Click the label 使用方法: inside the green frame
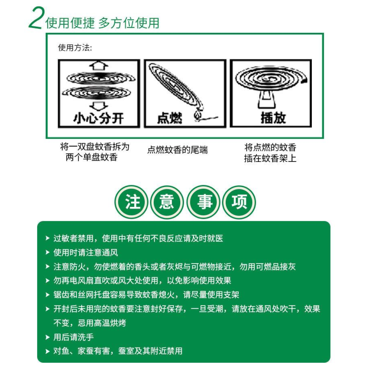pos(75,48)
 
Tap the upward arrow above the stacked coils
pos(99,65)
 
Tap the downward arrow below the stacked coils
pos(99,106)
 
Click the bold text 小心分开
pos(98,118)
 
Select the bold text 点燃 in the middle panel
pos(170,118)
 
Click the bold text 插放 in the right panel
pos(273,118)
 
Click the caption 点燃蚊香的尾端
pos(178,150)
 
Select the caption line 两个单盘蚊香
pos(91,158)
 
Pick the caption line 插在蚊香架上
pos(270,158)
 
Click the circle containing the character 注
pos(131,202)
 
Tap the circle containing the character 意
pos(167,202)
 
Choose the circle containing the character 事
pos(203,202)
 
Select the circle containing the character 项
pos(239,202)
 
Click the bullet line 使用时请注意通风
pos(86,252)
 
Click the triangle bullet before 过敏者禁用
pos(48,238)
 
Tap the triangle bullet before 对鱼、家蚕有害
pos(48,351)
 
